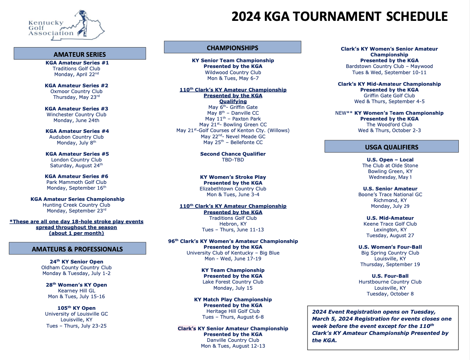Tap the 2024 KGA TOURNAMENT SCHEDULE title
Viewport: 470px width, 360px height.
(339, 17)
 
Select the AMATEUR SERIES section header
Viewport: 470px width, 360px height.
(80, 54)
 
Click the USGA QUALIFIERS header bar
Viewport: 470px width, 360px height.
(391, 147)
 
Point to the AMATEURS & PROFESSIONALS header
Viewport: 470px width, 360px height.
(77, 249)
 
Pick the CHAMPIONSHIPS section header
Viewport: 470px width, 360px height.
(232, 48)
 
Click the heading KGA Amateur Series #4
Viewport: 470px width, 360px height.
(77, 131)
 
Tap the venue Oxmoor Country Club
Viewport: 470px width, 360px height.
(76, 92)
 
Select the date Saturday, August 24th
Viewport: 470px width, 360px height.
(76, 165)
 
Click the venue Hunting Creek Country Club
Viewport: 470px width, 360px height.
(76, 205)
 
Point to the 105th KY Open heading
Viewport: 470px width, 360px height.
(76, 308)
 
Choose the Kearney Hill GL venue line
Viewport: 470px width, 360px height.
(76, 290)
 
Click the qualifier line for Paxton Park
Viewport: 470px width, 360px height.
(233, 119)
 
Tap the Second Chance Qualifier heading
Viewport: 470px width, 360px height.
(233, 154)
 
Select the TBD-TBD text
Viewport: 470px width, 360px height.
(233, 160)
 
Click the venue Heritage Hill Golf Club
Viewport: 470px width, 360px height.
(233, 311)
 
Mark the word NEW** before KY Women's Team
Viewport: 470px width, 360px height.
(344, 113)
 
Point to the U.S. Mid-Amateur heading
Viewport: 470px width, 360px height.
(390, 218)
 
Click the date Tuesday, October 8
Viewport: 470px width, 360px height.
(390, 294)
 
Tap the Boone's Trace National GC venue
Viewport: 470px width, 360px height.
(390, 194)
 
